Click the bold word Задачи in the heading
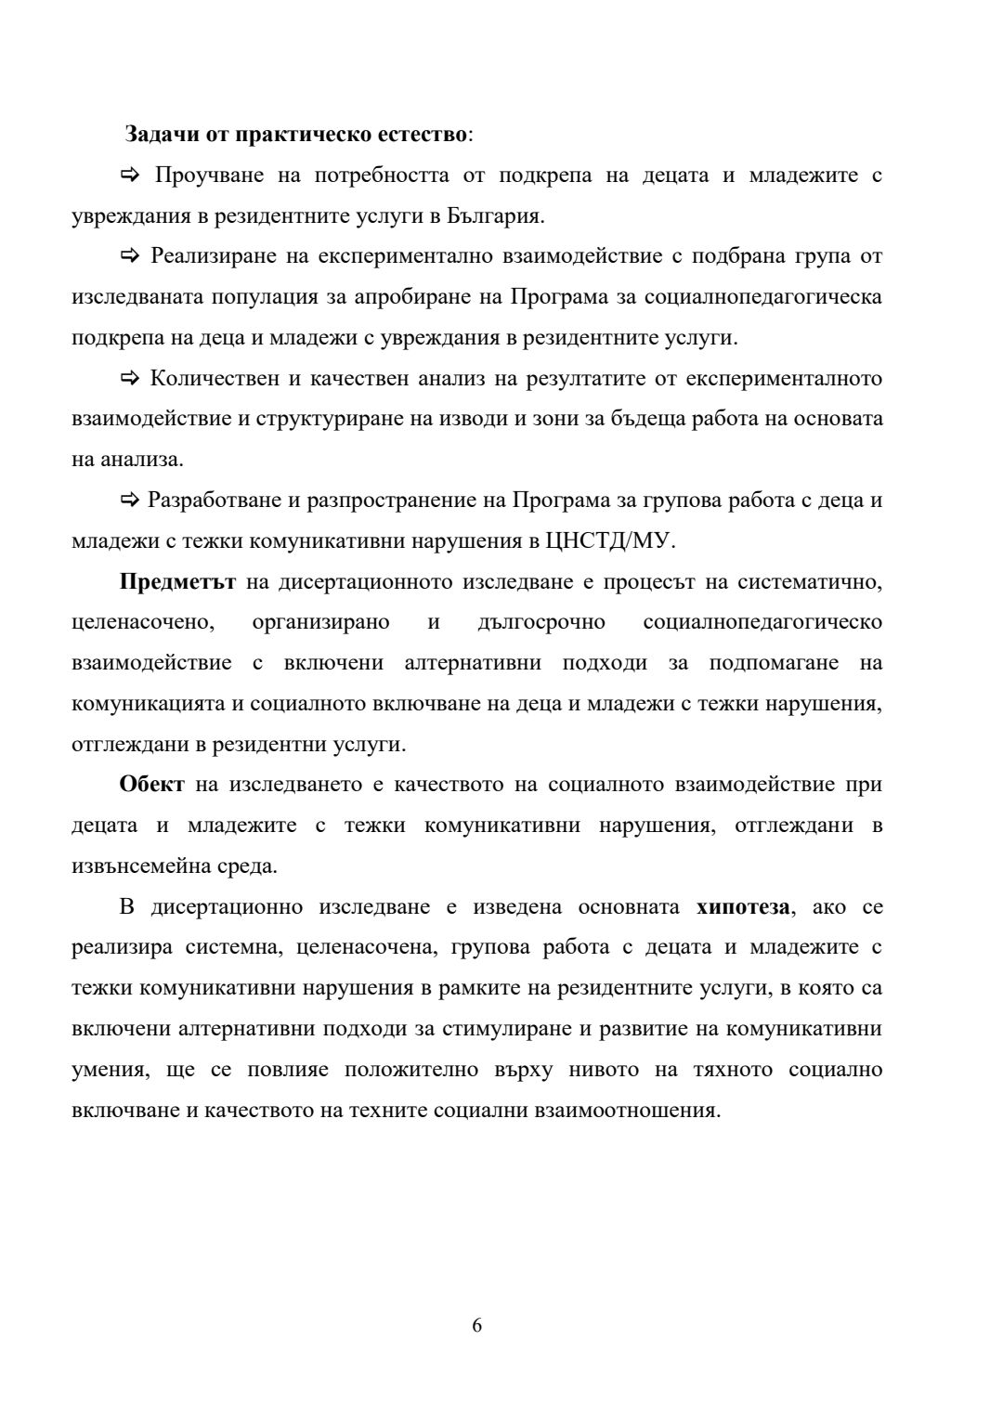tap(157, 134)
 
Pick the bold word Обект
tap(152, 785)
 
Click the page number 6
tap(477, 1325)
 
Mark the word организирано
tap(321, 622)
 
